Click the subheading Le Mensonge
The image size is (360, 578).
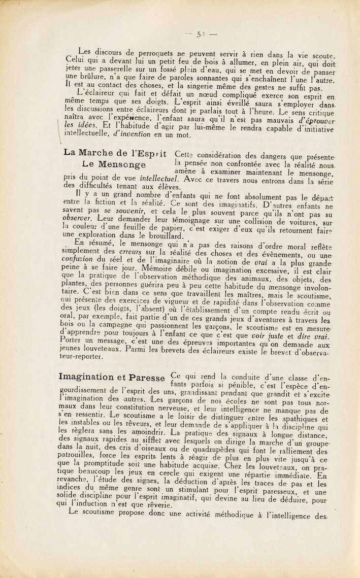[113, 165]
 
